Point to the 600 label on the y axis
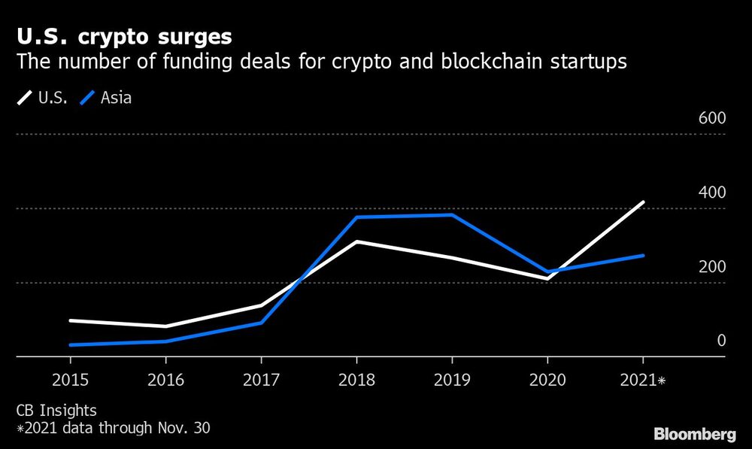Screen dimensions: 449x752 pos(711,118)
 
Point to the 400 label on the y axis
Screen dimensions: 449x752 pos(711,193)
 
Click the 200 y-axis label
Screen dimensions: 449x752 pos(711,267)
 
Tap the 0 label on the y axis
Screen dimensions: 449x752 pos(720,341)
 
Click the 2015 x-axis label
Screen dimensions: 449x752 pos(69,381)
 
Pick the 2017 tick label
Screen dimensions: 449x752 pos(260,381)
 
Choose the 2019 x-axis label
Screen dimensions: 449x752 pos(451,381)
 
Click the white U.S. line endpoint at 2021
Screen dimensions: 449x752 pos(643,202)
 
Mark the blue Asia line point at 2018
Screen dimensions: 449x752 pos(356,217)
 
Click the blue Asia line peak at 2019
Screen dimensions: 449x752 pos(451,215)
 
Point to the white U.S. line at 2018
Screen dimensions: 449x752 pos(356,241)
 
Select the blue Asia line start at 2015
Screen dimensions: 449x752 pos(70,345)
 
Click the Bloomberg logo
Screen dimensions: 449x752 pos(696,434)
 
